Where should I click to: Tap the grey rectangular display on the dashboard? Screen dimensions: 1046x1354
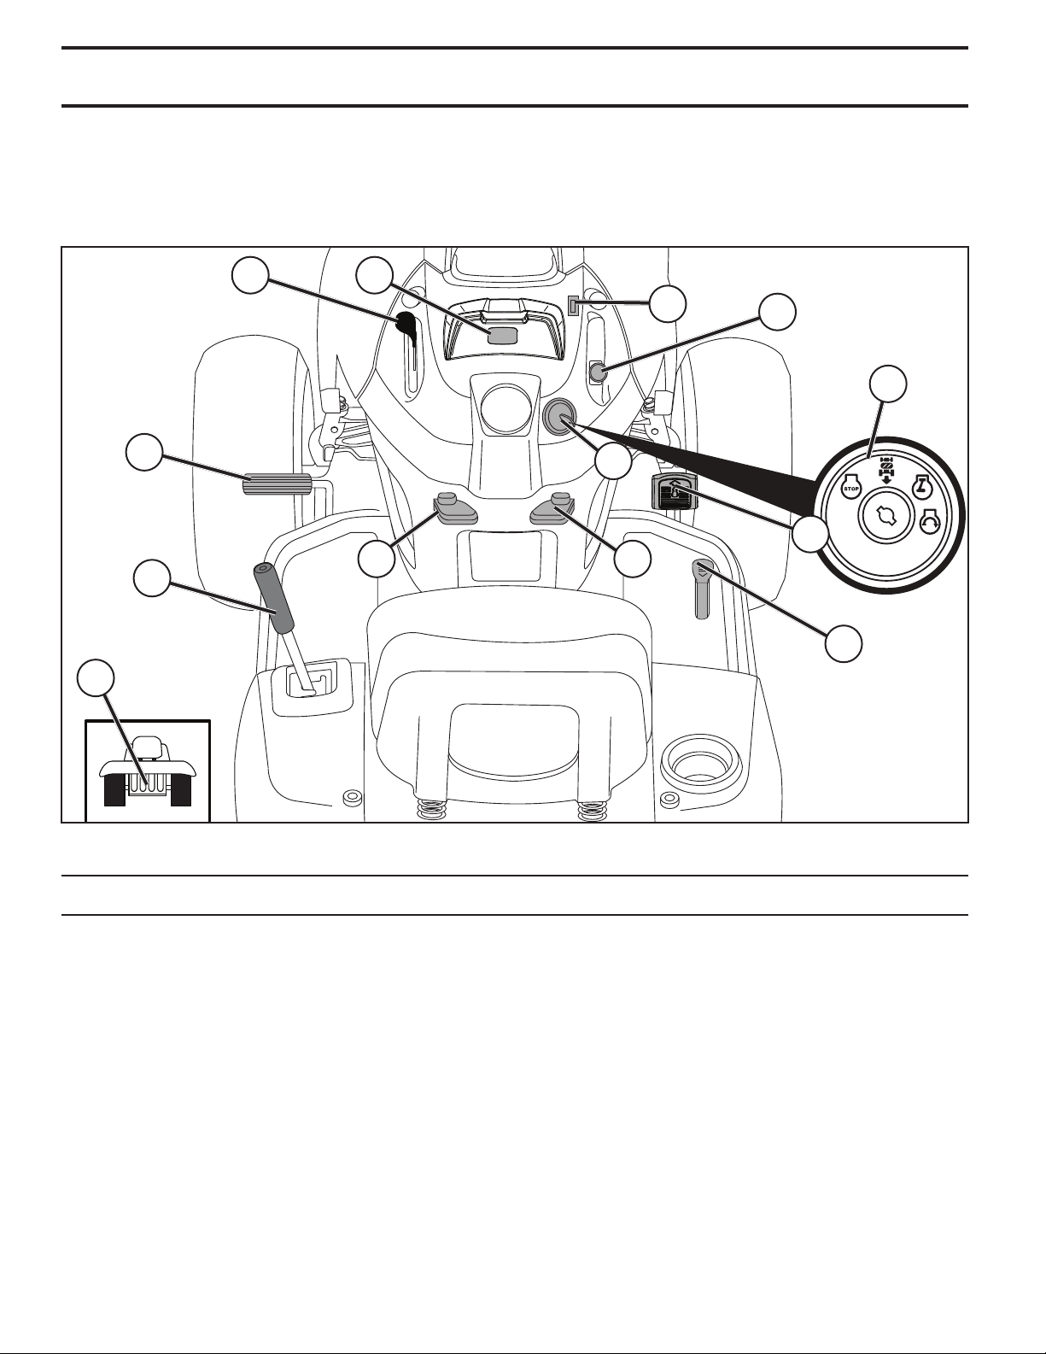[x=504, y=336]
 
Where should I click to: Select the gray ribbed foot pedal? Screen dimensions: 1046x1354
[x=276, y=484]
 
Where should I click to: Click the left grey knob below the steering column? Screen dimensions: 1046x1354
[x=453, y=508]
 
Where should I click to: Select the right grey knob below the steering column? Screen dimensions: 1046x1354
[x=553, y=508]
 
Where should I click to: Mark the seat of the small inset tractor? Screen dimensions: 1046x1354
[x=148, y=747]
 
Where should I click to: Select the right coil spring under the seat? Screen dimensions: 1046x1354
[x=592, y=812]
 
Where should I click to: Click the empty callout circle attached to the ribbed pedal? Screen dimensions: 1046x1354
[x=143, y=453]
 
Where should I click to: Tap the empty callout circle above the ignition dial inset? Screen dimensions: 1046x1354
[x=888, y=384]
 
